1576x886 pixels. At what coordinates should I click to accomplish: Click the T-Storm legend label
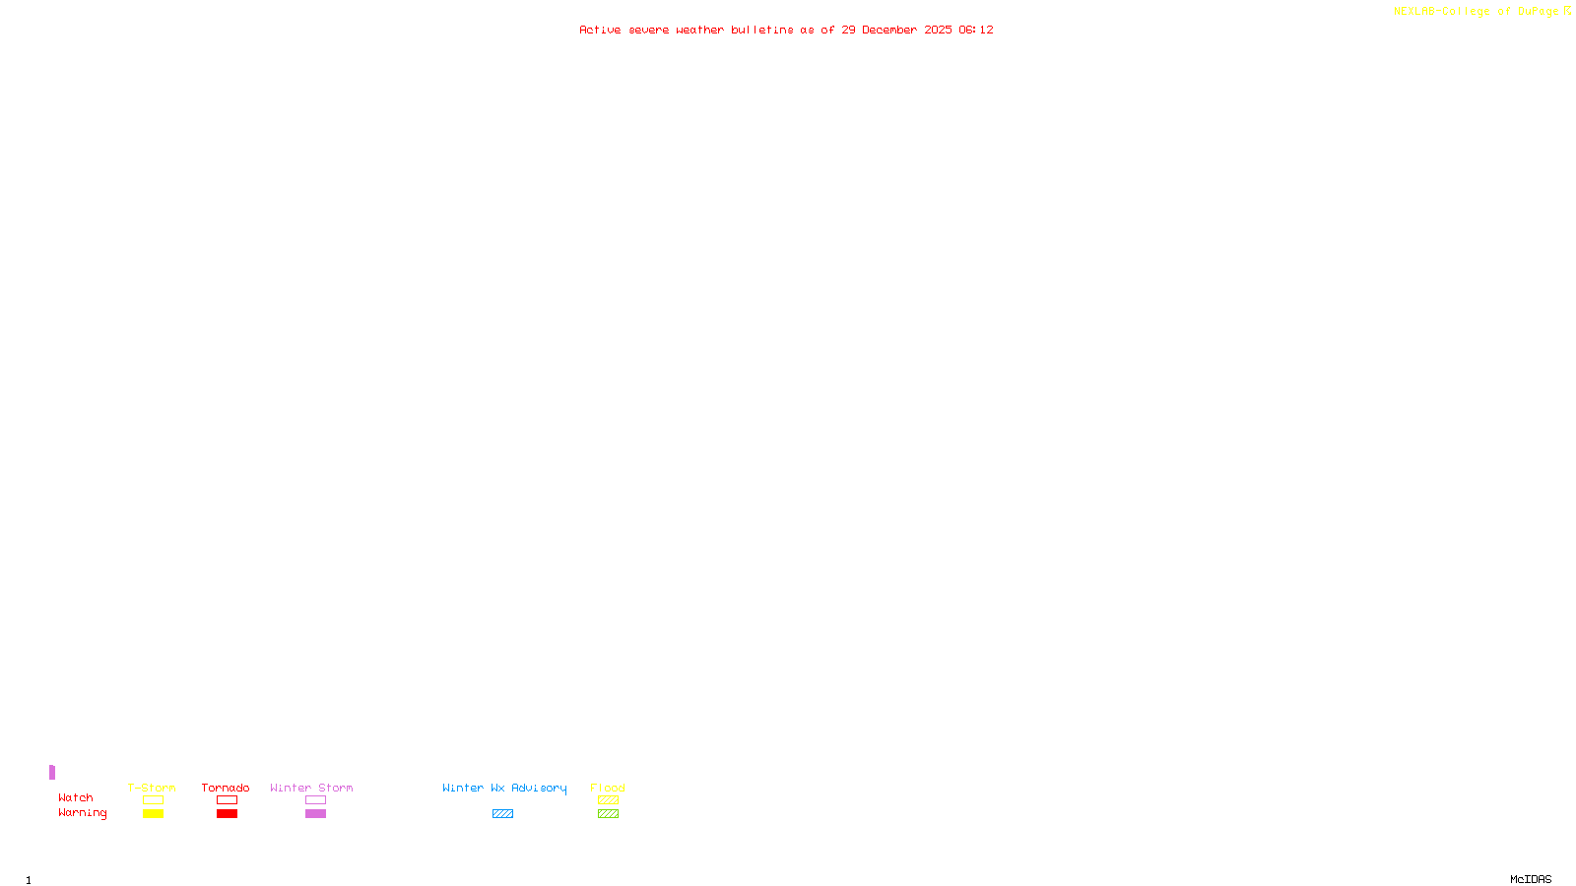coord(152,788)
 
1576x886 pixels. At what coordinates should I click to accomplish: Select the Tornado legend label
coord(226,788)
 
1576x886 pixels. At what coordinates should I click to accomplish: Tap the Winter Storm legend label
coord(311,788)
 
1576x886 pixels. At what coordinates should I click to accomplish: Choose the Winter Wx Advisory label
coord(504,788)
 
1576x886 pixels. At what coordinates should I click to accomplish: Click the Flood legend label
coord(608,788)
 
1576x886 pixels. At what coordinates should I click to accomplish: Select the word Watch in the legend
coord(76,797)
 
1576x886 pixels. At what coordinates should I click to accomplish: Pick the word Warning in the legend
coord(82,813)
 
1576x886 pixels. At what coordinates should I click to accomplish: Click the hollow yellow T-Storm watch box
coord(153,800)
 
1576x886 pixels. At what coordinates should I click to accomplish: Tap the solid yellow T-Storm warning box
coord(153,814)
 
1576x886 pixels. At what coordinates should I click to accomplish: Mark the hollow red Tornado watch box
coord(227,800)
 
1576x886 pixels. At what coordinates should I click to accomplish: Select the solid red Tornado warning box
coord(227,814)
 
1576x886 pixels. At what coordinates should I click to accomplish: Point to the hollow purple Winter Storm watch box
coord(315,800)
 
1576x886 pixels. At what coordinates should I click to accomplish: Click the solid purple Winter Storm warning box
coord(315,814)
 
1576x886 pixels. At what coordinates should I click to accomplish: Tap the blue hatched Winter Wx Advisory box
coord(502,814)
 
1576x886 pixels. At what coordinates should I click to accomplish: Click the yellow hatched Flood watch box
coord(608,800)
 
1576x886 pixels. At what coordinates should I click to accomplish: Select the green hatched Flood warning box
coord(608,814)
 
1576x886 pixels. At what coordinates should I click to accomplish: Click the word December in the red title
coord(889,30)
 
